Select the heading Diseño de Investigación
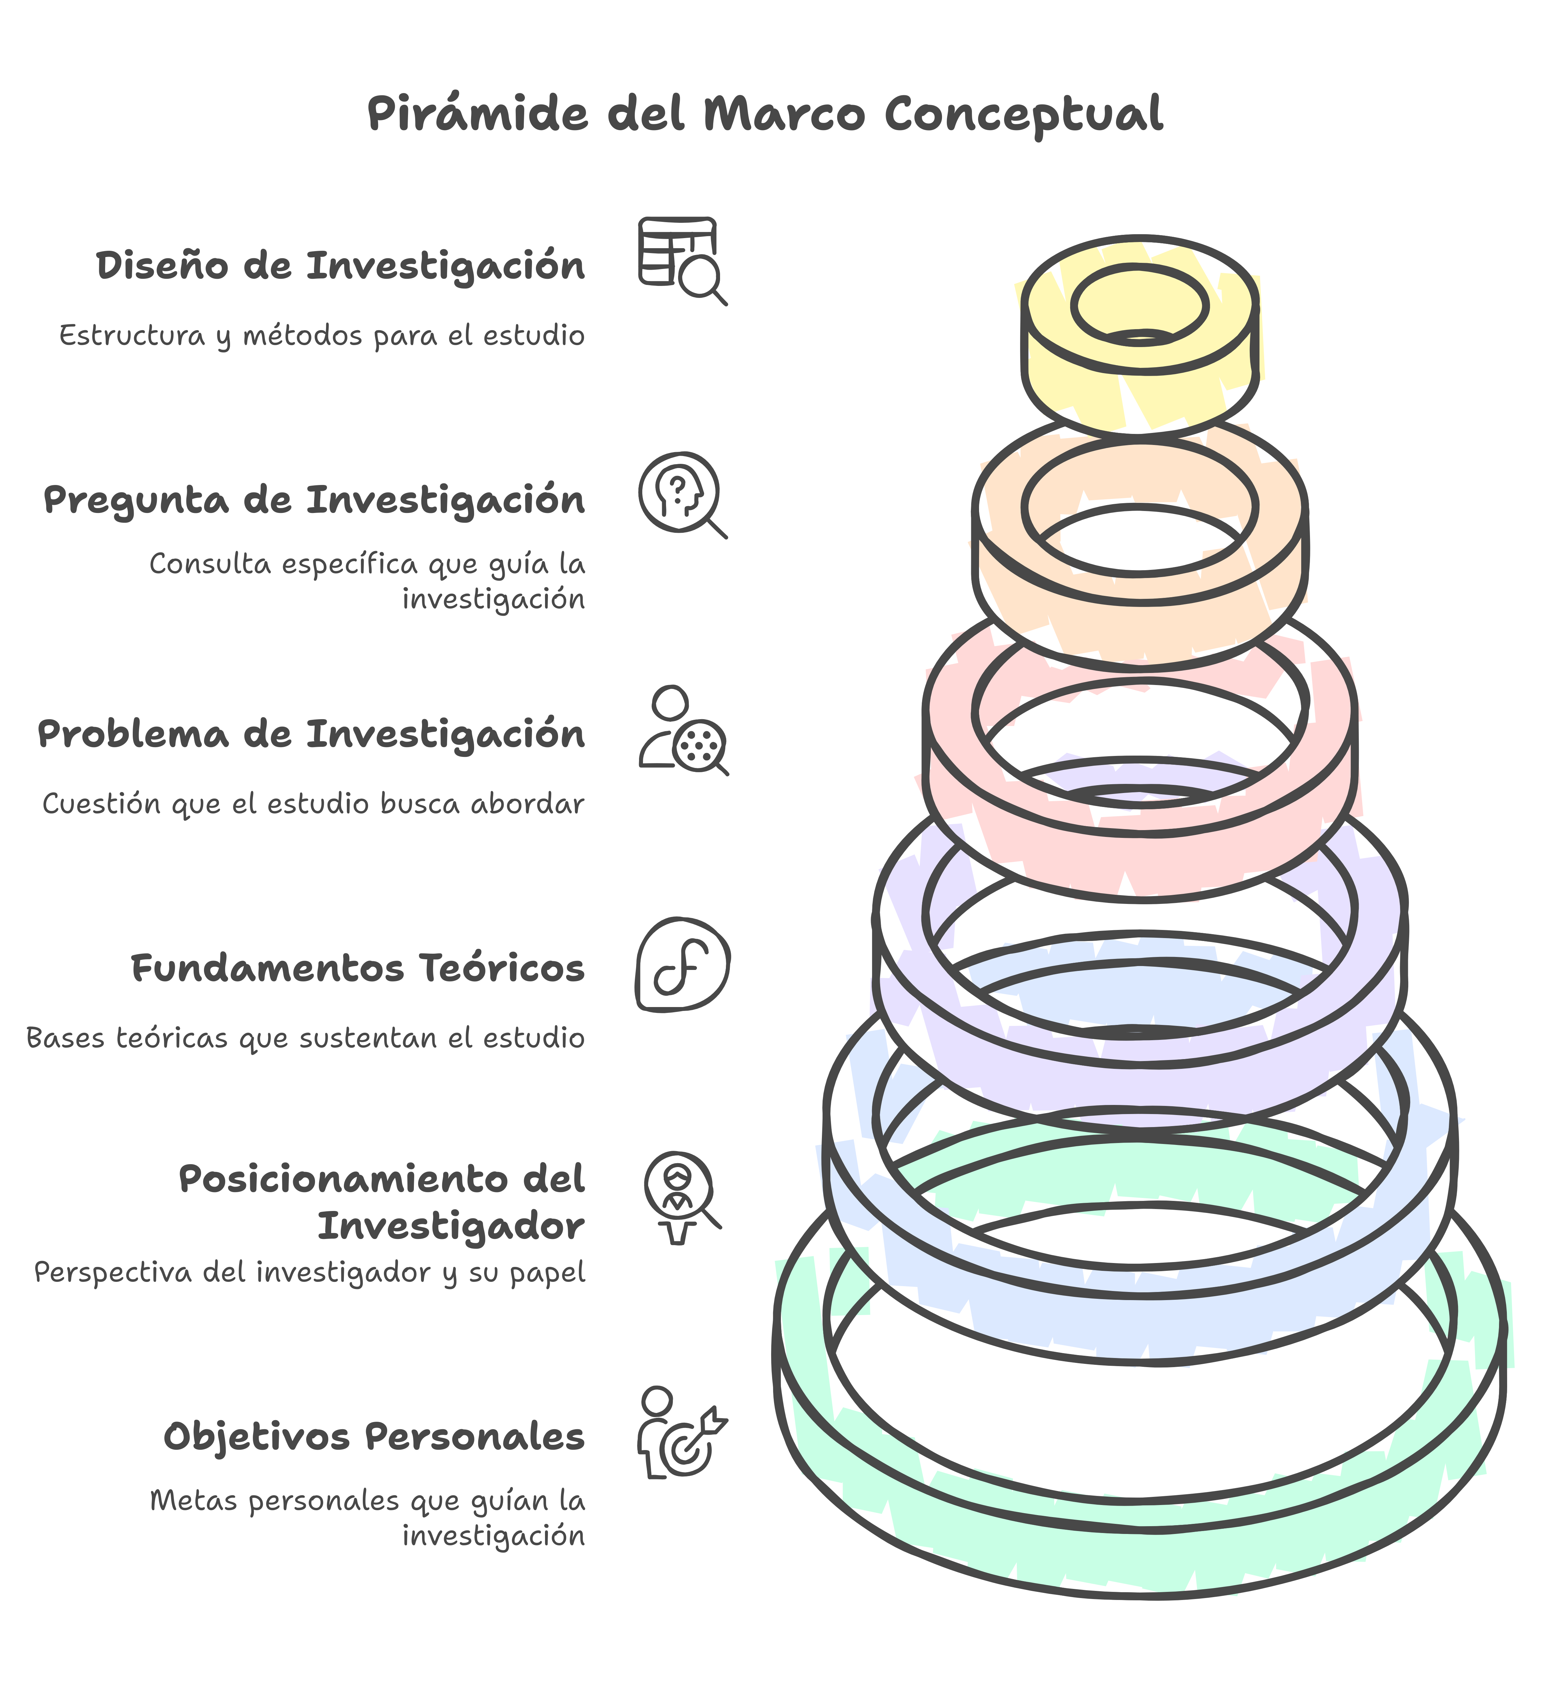pos(340,266)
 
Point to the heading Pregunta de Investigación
pos(314,500)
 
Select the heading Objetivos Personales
pos(373,1437)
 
